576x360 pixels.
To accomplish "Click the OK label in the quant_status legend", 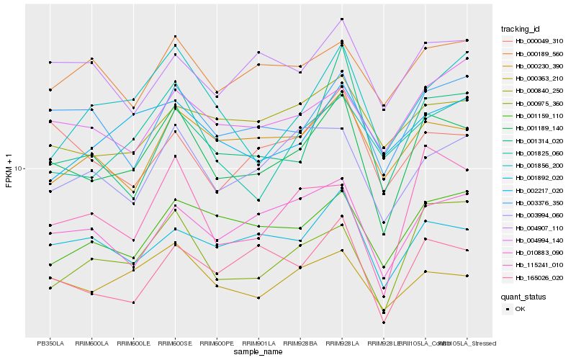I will [x=520, y=308].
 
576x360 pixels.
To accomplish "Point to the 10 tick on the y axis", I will [x=19, y=168].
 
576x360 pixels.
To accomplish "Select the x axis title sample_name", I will [x=258, y=353].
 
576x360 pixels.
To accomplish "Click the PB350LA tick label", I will [x=50, y=343].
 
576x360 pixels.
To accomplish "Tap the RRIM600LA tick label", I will [x=91, y=343].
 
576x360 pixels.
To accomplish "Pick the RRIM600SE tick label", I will [x=175, y=343].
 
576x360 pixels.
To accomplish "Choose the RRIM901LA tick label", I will [x=258, y=343].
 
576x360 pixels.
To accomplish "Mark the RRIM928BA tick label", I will [x=300, y=343].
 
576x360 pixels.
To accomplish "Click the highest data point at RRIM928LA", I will [x=342, y=19].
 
